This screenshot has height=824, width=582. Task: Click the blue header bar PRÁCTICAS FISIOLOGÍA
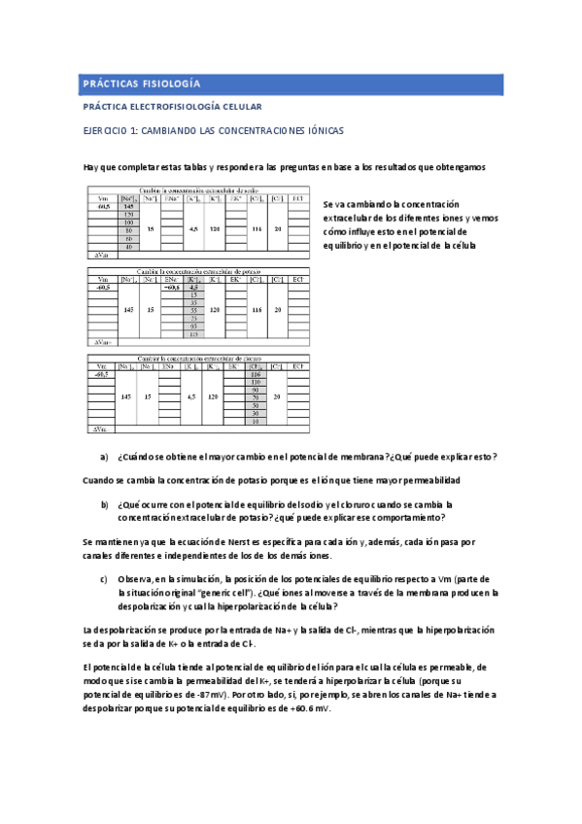click(291, 84)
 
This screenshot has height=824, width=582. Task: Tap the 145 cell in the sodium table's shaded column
click(127, 207)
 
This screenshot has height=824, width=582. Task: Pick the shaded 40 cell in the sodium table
click(127, 248)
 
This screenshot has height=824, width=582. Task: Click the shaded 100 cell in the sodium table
click(127, 223)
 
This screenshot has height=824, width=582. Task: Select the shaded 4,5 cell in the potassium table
click(193, 289)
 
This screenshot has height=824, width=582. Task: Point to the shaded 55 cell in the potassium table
click(193, 310)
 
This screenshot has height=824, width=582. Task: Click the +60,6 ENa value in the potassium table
click(171, 289)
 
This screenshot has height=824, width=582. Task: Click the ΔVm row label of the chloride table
click(100, 429)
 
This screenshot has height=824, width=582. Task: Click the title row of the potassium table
click(200, 271)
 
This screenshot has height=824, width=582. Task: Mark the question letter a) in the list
click(104, 456)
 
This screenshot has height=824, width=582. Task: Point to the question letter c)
click(104, 580)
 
